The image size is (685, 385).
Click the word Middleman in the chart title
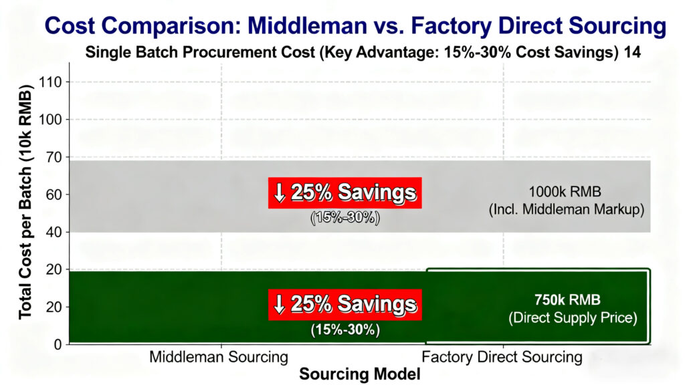pos(307,26)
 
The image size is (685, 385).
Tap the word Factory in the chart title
pos(451,26)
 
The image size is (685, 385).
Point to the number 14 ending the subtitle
pos(632,52)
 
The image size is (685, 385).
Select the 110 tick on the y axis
pos(51,82)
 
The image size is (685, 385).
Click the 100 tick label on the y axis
pos(51,119)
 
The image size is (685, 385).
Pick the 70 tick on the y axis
pos(55,156)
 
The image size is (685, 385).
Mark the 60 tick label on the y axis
pos(55,195)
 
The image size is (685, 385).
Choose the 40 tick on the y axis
pos(55,232)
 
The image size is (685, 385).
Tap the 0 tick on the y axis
pos(58,344)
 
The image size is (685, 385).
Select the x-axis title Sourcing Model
pos(359,374)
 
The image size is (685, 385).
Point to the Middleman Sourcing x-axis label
pos(219,357)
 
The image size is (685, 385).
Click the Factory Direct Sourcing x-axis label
pos(502,357)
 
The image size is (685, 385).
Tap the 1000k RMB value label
pos(565,192)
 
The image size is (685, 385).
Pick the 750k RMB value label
pos(567,300)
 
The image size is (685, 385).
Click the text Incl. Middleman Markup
pos(567,209)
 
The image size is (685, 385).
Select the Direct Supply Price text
pos(573,317)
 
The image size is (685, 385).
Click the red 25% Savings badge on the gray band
pos(345,192)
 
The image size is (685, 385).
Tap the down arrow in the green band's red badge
pos(279,304)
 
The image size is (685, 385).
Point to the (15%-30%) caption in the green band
pos(345,330)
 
